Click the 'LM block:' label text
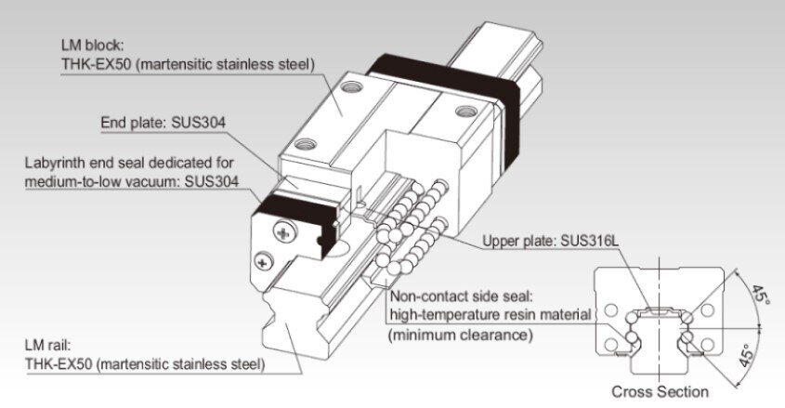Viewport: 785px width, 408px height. click(92, 45)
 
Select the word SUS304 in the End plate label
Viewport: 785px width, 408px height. click(198, 123)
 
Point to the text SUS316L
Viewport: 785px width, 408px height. click(589, 241)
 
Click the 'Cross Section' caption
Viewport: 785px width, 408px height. click(660, 391)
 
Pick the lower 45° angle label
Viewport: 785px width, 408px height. click(747, 355)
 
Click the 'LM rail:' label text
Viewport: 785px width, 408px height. click(47, 345)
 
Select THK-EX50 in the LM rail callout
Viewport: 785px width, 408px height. click(59, 364)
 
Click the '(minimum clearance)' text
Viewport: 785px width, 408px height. click(460, 335)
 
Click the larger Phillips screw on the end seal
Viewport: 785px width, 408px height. click(285, 231)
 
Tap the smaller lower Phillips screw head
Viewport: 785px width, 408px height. click(264, 261)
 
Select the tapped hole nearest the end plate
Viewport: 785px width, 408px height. click(306, 145)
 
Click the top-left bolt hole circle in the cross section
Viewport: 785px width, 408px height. click(610, 310)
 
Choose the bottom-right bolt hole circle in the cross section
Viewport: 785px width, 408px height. click(707, 345)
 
